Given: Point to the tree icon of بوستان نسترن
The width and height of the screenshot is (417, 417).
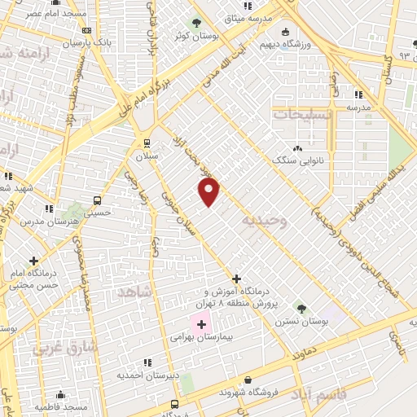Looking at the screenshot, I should click(x=301, y=308).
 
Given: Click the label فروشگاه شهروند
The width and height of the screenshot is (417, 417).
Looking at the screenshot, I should click(x=248, y=392).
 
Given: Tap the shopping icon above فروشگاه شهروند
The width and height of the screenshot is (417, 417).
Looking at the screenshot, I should click(x=248, y=380).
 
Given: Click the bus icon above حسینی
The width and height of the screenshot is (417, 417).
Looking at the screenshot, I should click(x=98, y=200).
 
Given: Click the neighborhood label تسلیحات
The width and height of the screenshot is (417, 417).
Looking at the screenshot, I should click(x=302, y=115).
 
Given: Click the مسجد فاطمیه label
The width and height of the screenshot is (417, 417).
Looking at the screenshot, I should click(x=61, y=406).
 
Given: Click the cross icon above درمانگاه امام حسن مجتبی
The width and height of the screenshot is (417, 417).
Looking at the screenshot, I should click(x=33, y=261).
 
